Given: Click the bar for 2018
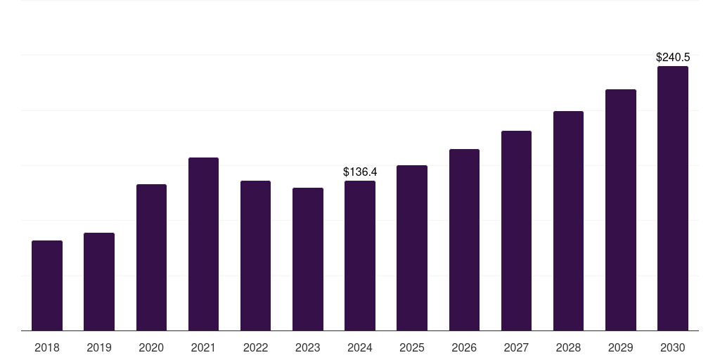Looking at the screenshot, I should pyautogui.click(x=47, y=285).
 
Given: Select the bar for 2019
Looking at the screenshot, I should pyautogui.click(x=99, y=281).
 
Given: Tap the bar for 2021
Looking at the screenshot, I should pyautogui.click(x=203, y=244).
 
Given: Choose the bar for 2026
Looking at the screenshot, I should pyautogui.click(x=464, y=240).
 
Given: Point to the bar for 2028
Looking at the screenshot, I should pyautogui.click(x=568, y=221).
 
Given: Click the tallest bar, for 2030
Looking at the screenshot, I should pyautogui.click(x=673, y=198).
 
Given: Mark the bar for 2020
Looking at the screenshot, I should pyautogui.click(x=151, y=257).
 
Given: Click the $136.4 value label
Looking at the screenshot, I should pyautogui.click(x=360, y=172).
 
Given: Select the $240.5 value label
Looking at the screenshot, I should pyautogui.click(x=673, y=57).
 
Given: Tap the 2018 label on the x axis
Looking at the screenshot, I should pyautogui.click(x=47, y=347).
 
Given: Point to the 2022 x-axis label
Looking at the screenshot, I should pyautogui.click(x=255, y=347).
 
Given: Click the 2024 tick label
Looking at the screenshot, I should pyautogui.click(x=360, y=347).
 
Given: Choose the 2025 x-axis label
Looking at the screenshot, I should pyautogui.click(x=412, y=347).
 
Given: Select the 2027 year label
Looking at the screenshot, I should pyautogui.click(x=516, y=347).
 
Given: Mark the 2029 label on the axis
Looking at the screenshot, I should pyautogui.click(x=620, y=347).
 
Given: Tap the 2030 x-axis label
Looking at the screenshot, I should pyautogui.click(x=673, y=347).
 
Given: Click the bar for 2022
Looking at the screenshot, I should pyautogui.click(x=255, y=255).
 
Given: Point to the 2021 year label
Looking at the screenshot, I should pyautogui.click(x=203, y=347).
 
